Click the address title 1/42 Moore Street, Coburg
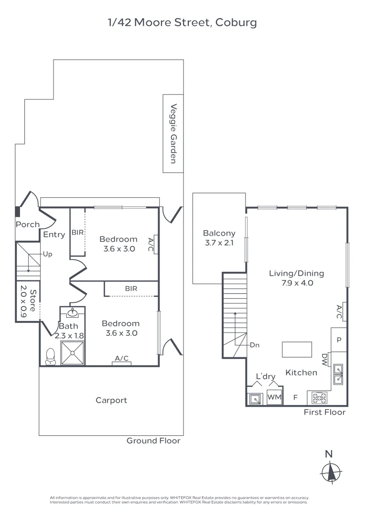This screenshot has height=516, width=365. (x=182, y=22)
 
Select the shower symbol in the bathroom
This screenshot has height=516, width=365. (x=72, y=354)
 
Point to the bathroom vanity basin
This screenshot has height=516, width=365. (x=72, y=314)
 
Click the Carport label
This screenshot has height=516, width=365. (x=111, y=400)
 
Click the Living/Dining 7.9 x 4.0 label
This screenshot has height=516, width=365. (x=296, y=278)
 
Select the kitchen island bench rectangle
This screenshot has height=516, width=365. (x=297, y=349)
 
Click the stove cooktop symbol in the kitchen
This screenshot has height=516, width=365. (x=319, y=397)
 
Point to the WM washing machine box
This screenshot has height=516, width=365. (x=274, y=397)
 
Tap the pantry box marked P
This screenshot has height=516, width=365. (x=339, y=340)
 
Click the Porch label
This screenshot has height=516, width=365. (x=28, y=225)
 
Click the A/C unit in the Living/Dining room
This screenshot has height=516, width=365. (x=340, y=312)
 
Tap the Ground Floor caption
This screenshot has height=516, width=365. (x=153, y=441)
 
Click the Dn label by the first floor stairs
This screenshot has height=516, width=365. (x=255, y=345)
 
